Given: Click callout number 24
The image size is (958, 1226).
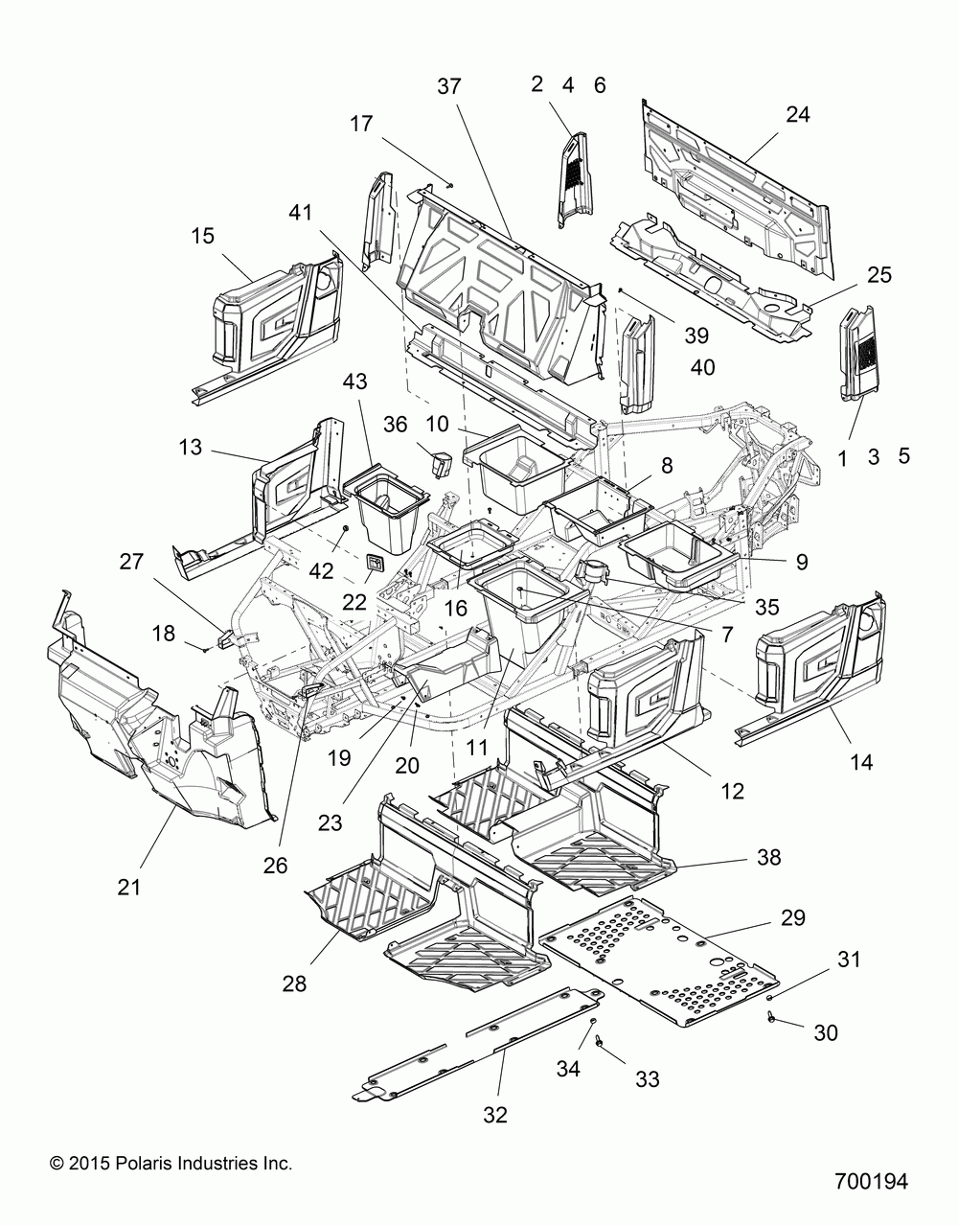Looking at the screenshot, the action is point(798,115).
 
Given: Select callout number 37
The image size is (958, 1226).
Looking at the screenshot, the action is point(449,87).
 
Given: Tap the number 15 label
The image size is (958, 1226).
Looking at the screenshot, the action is point(202,236).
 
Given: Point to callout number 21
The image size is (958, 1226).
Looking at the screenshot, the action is point(128,888).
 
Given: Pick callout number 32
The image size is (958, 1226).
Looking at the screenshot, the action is point(495,1115).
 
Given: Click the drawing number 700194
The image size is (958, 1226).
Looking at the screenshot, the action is point(872,1193).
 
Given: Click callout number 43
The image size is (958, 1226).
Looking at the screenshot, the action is point(354,382).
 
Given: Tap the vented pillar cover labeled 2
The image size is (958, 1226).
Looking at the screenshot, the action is point(575,179).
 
